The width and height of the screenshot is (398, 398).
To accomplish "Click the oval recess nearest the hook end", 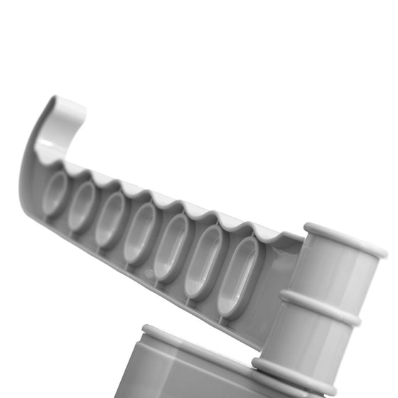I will coord(55,194).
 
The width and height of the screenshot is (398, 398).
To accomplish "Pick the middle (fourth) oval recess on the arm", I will coord(140,232).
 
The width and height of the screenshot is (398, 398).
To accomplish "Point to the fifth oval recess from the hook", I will coord(171,246).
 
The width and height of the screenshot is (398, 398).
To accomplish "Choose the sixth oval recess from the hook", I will coord(203,260).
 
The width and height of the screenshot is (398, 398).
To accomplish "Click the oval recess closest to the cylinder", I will coord(237,276).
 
